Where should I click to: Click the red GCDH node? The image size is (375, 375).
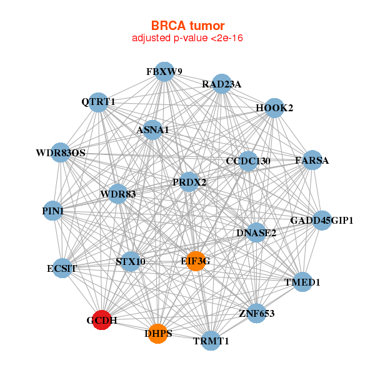point(102,319)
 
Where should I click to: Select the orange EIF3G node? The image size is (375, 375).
point(196,261)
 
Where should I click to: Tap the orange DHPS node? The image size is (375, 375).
point(158,334)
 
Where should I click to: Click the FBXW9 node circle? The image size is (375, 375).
point(164,71)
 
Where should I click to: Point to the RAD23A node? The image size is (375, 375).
point(222,84)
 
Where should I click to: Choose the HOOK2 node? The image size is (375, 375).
point(274,108)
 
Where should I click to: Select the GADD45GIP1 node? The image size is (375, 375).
point(321,220)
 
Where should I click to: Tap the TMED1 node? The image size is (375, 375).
point(302,282)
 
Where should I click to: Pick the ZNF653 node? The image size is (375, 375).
point(256,312)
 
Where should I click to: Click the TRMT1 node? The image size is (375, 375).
point(211,341)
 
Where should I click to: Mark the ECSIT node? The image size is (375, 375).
point(62,269)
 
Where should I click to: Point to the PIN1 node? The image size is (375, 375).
point(53,211)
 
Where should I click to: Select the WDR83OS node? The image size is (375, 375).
point(61,152)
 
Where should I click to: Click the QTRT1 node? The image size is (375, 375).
point(98,102)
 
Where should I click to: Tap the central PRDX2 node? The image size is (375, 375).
point(189,182)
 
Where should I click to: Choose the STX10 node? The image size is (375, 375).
point(130,261)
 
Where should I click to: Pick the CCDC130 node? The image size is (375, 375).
point(248,161)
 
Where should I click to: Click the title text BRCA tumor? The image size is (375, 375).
point(187,26)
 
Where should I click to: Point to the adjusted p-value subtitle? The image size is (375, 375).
point(187,38)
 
